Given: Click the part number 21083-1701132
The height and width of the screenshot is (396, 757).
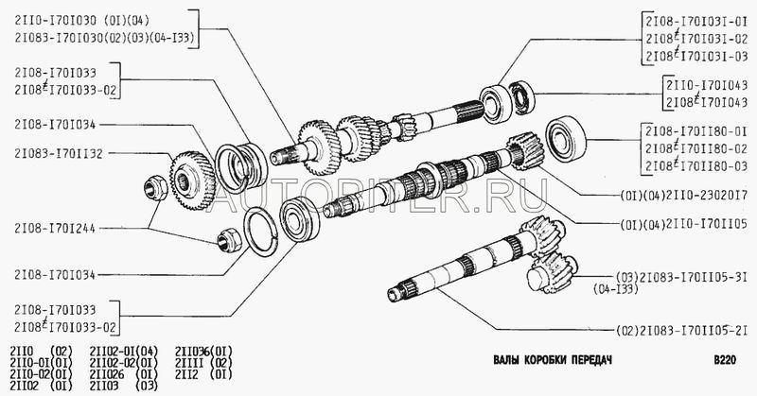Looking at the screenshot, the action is [59, 154].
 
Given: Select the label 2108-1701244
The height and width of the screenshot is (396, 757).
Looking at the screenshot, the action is [55, 228].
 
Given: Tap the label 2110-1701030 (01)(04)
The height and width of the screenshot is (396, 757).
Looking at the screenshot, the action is [82, 21].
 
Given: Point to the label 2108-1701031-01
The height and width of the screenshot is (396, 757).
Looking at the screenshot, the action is [696, 22].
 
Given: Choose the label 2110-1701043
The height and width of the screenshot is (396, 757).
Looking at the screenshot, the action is [707, 86].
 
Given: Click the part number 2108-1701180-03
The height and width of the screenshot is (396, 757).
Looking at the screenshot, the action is [696, 166].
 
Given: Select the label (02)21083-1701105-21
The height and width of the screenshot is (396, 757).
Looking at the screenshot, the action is [681, 331].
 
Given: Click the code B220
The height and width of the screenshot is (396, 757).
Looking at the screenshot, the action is [725, 360].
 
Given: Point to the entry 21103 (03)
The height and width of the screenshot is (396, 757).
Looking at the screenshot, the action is [124, 386].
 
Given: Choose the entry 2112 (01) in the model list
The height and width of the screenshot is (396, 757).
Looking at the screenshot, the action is [203, 374].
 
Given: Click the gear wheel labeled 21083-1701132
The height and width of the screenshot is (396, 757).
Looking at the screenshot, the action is [193, 181].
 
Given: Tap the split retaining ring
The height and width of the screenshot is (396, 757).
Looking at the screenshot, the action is [261, 231].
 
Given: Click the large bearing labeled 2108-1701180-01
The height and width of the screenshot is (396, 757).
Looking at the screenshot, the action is [566, 138].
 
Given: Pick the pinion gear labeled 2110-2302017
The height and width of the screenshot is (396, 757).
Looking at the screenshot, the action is [526, 151].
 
